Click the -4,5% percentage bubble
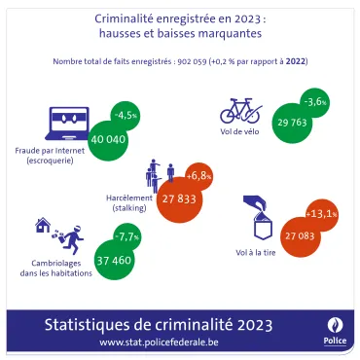[x=126, y=115]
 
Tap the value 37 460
[x=114, y=262]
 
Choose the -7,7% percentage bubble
[x=127, y=236]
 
